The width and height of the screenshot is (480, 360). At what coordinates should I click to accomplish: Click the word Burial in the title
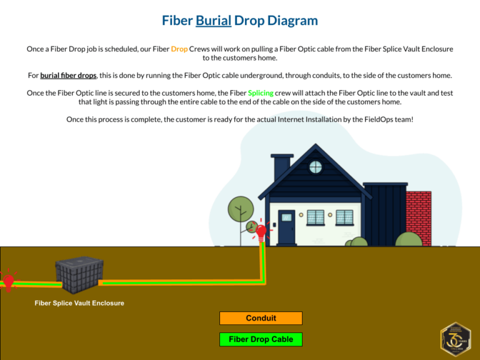coord(213,21)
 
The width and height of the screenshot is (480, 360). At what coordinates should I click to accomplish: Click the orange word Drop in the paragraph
coord(179,48)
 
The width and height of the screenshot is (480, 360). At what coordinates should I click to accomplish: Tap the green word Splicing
coord(261,92)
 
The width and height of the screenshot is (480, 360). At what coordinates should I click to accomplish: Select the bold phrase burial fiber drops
coord(68,75)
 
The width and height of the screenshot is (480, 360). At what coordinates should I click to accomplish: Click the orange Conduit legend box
coord(261,318)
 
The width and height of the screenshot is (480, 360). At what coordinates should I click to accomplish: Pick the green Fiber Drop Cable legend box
coord(261,339)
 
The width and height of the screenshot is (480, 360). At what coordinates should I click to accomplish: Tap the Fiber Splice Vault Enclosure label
coord(79,303)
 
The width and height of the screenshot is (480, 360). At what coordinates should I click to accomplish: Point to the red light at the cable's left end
coord(9,281)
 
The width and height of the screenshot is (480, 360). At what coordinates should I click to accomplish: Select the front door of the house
coord(286,226)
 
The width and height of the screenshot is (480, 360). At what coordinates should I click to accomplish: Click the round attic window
coord(316,167)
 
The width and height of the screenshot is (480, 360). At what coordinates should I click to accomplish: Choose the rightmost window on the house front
coord(344,217)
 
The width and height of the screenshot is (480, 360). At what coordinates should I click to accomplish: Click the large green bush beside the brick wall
coord(409,239)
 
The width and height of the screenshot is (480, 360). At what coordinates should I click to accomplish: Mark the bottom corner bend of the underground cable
coord(261,282)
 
